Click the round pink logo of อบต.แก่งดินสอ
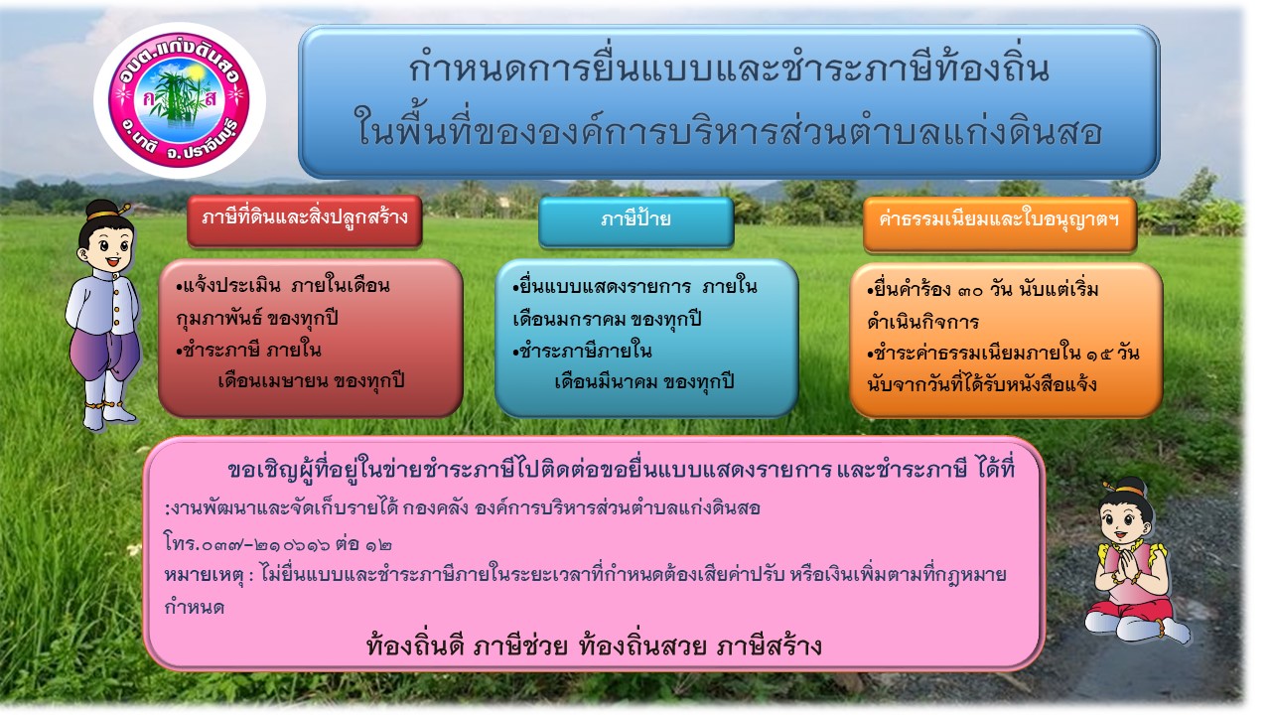(x=180, y=100)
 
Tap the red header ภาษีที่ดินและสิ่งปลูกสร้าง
(x=305, y=220)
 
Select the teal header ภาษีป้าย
(x=636, y=221)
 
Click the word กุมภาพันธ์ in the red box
(x=219, y=319)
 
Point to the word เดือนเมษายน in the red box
(x=272, y=380)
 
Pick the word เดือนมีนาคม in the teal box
(x=606, y=381)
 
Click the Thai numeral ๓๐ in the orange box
(x=970, y=291)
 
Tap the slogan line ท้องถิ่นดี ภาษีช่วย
(x=467, y=645)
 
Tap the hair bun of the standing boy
(x=102, y=210)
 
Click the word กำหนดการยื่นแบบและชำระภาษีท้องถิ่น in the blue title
(x=729, y=70)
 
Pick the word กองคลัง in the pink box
(x=436, y=507)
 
